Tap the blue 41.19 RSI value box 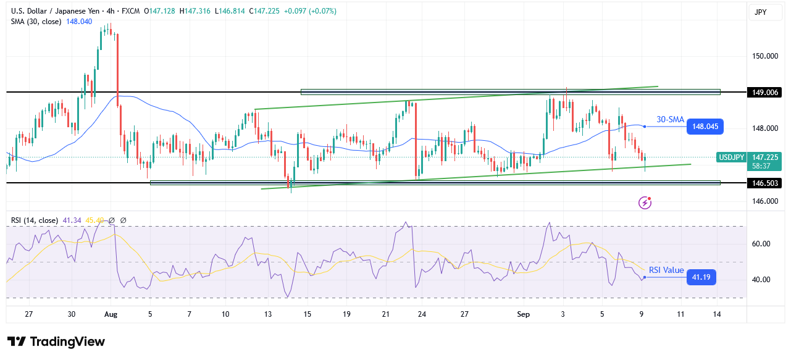pyautogui.click(x=703, y=278)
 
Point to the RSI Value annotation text pyautogui.click(x=665, y=270)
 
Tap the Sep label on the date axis pyautogui.click(x=523, y=314)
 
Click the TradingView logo pyautogui.click(x=56, y=341)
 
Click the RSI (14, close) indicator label pyautogui.click(x=34, y=220)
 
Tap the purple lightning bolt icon pyautogui.click(x=645, y=202)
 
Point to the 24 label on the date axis pyautogui.click(x=421, y=314)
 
